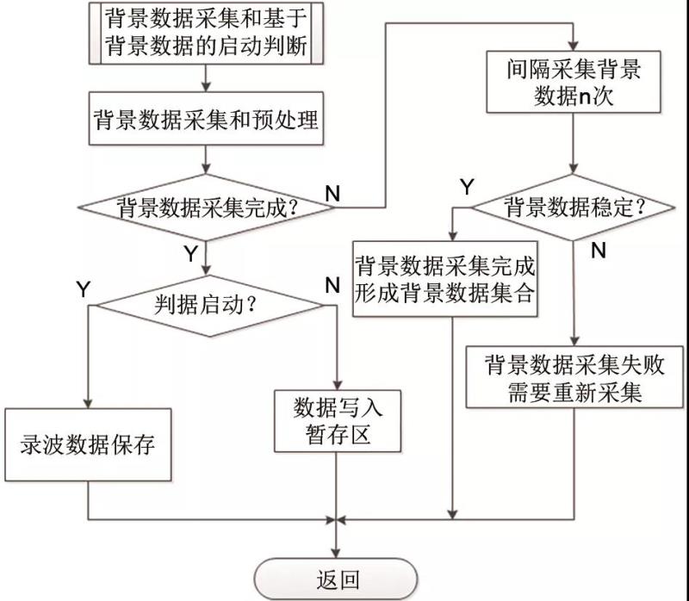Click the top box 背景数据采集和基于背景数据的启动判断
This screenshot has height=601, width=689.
click(206, 34)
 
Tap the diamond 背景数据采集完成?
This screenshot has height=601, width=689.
click(206, 207)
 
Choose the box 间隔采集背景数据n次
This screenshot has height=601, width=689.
click(574, 83)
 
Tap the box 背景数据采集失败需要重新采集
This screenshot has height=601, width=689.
click(574, 377)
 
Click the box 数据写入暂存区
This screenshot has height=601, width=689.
click(338, 421)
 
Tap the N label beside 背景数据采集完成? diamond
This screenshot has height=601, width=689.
click(332, 193)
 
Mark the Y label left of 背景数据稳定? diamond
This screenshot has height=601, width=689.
click(466, 186)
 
